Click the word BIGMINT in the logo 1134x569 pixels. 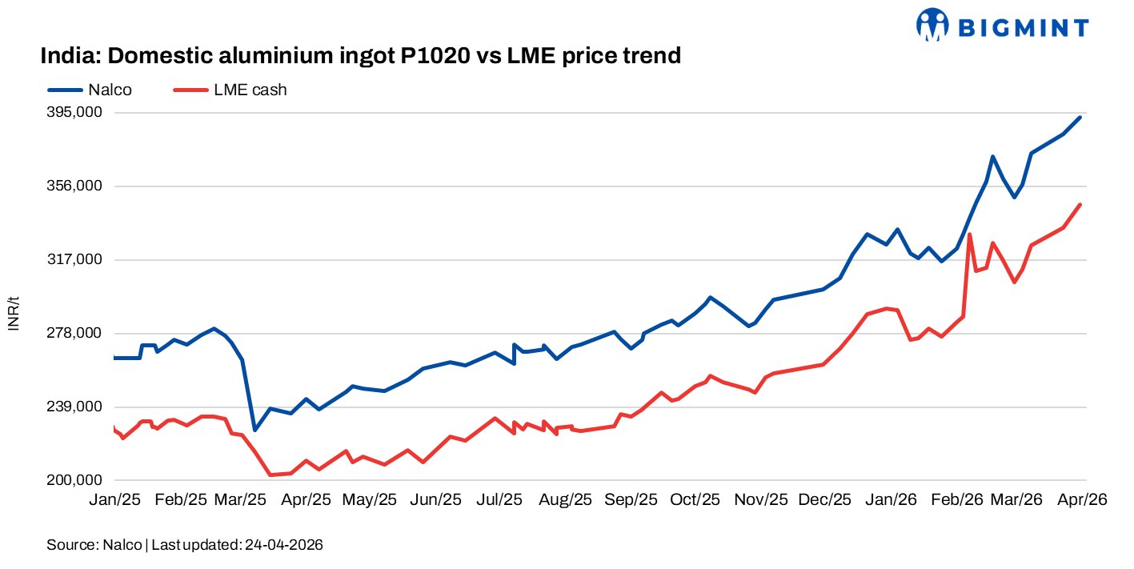click(x=1023, y=29)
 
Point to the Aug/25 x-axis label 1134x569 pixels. click(x=566, y=499)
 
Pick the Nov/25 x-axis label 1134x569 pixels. click(x=762, y=499)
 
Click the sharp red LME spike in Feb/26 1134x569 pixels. click(x=970, y=234)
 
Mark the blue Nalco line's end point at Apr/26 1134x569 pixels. click(x=1081, y=118)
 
